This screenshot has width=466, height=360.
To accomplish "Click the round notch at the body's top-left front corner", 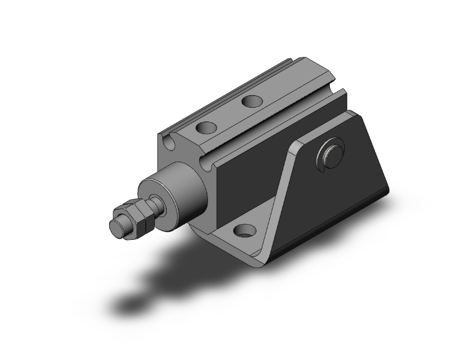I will pos(168,145).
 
